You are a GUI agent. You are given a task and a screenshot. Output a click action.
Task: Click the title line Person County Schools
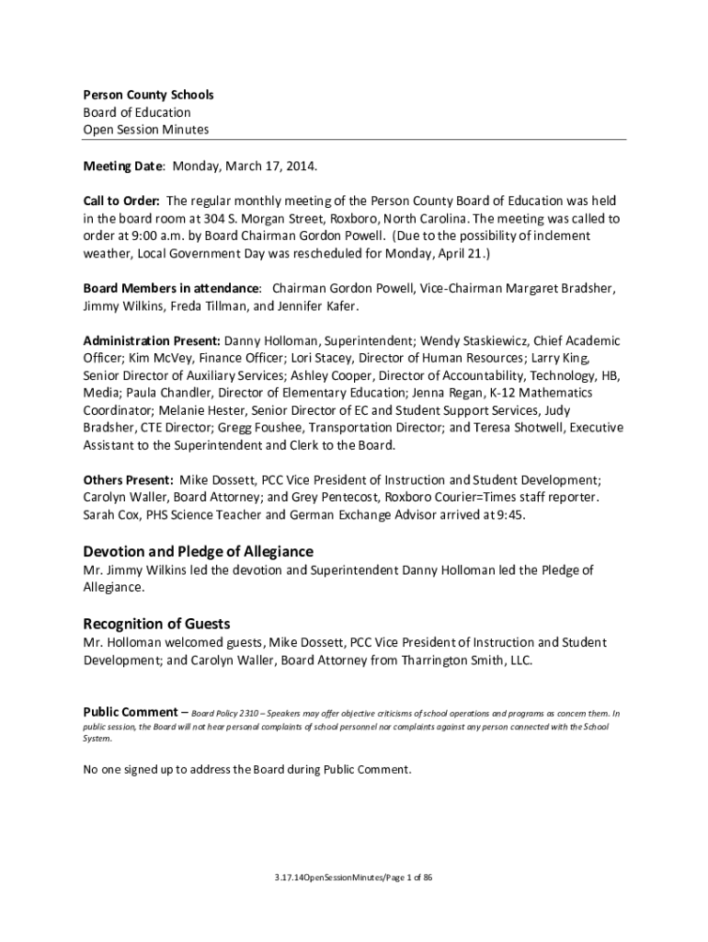click(x=148, y=95)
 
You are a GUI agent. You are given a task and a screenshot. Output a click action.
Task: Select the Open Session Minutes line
click(x=146, y=129)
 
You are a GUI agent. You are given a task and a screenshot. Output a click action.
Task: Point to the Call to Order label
click(x=122, y=201)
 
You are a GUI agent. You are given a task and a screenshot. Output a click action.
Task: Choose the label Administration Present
click(x=152, y=340)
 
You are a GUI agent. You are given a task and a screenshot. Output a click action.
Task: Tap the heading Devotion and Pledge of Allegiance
click(x=199, y=551)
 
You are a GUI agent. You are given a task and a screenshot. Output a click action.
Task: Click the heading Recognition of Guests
click(x=156, y=623)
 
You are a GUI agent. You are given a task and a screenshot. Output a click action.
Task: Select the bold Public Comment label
click(x=130, y=712)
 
